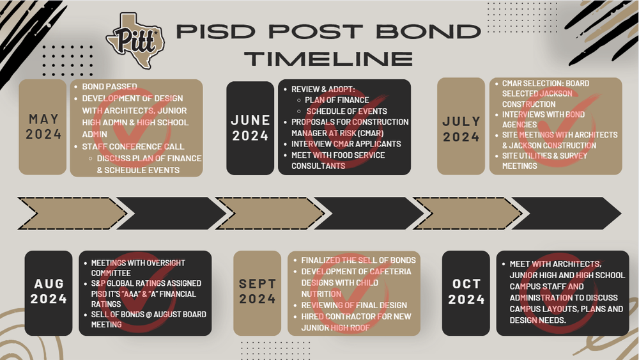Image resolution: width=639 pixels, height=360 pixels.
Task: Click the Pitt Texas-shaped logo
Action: [135, 40]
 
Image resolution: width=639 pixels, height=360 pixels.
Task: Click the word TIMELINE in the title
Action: [328, 58]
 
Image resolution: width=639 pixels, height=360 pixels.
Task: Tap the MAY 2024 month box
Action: [43, 127]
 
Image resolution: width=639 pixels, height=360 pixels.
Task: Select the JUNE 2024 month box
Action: [250, 127]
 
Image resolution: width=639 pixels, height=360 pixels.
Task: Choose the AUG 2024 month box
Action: [49, 292]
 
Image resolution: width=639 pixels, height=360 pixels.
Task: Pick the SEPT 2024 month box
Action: [257, 292]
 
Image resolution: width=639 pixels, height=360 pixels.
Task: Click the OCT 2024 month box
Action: [466, 292]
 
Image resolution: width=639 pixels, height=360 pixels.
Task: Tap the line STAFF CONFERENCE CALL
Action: [133, 147]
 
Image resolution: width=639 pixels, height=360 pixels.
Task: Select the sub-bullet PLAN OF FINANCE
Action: [337, 100]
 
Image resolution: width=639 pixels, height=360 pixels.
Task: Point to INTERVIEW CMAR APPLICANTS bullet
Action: [346, 144]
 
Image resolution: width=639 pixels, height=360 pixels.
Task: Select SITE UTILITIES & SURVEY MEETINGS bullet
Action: [544, 160]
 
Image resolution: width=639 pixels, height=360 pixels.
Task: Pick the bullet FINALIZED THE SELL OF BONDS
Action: [358, 260]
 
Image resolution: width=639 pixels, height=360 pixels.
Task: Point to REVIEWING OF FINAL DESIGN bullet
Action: [353, 305]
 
